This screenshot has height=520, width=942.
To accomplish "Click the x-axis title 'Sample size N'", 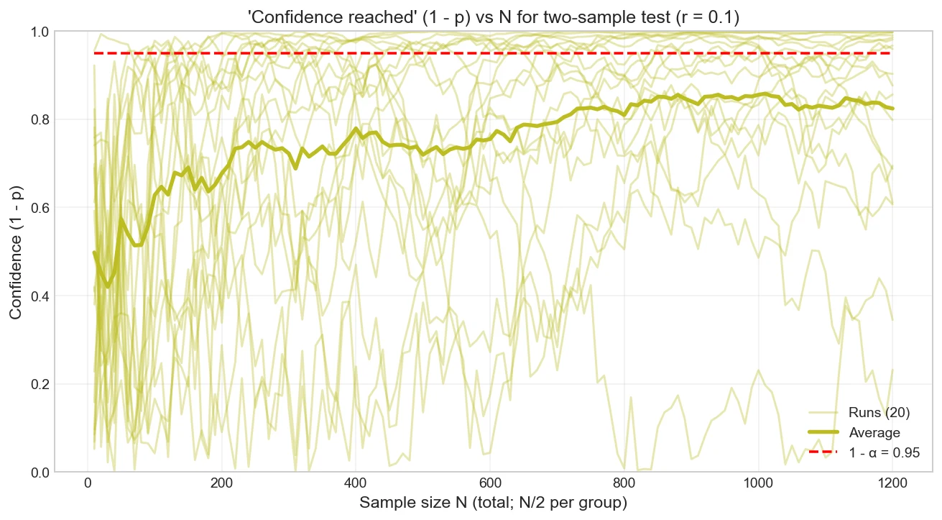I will click(494, 503).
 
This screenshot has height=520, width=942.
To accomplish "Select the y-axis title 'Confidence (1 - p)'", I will click(16, 252).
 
